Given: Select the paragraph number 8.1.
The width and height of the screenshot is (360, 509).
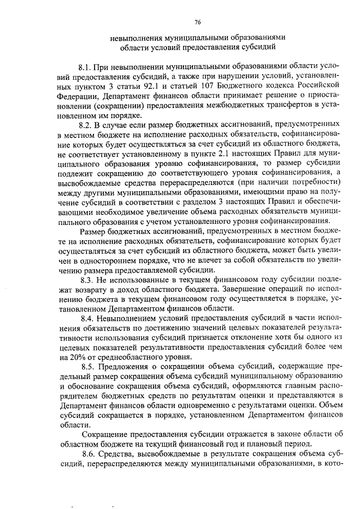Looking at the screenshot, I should point(88,67).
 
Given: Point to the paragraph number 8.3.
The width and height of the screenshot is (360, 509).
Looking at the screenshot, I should point(88,280).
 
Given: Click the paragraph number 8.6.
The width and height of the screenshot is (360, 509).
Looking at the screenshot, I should point(88,454).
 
